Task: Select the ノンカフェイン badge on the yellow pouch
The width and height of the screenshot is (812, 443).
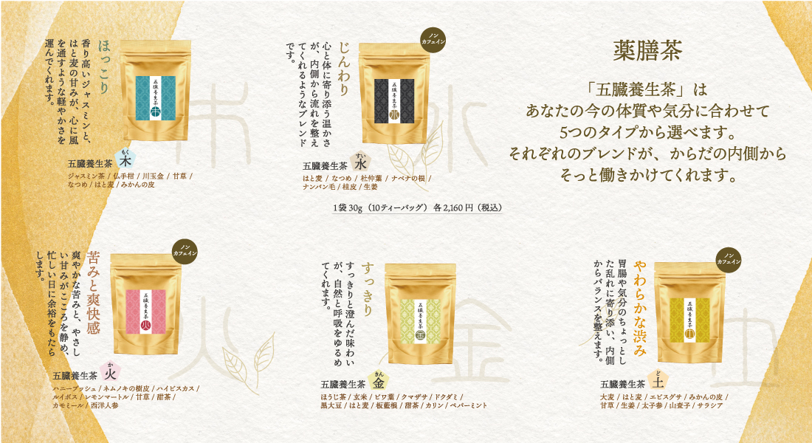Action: (x=729, y=258)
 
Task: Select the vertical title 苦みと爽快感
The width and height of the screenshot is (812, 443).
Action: (x=94, y=292)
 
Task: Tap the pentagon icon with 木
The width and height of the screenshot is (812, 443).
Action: (x=126, y=160)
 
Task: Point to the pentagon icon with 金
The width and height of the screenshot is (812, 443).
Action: (x=378, y=382)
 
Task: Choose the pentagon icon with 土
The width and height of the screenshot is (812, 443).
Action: (x=658, y=382)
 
